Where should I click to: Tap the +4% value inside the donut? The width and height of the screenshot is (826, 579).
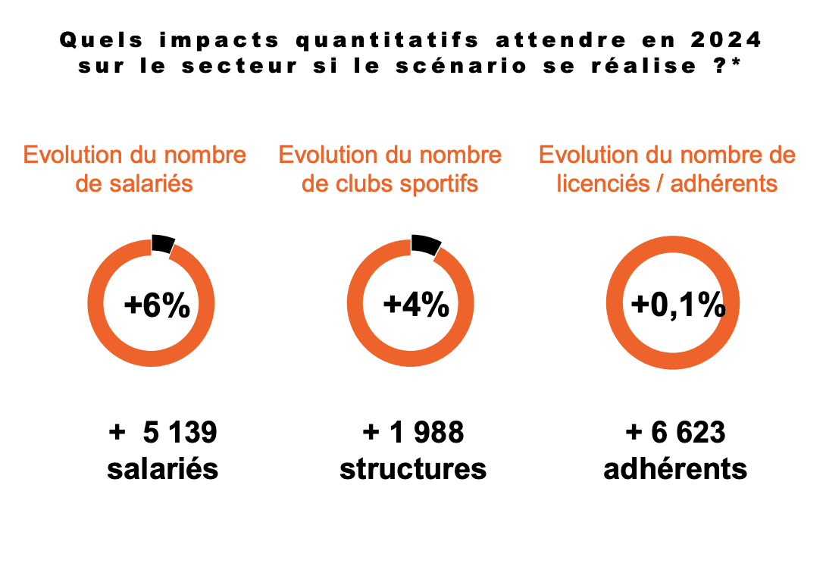point(416,305)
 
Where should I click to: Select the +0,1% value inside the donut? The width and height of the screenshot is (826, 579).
point(677,305)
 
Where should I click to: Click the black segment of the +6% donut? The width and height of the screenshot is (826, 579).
point(162,244)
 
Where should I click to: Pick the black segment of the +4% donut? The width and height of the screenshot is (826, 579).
point(425,244)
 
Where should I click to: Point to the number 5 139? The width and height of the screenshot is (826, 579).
point(180,433)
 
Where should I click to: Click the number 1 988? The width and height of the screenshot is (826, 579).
point(425,433)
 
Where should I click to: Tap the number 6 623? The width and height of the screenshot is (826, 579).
point(687,433)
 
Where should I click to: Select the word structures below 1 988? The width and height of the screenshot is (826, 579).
point(413,469)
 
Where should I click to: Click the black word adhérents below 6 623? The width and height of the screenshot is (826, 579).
point(675,469)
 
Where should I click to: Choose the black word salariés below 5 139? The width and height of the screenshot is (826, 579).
point(163,469)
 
